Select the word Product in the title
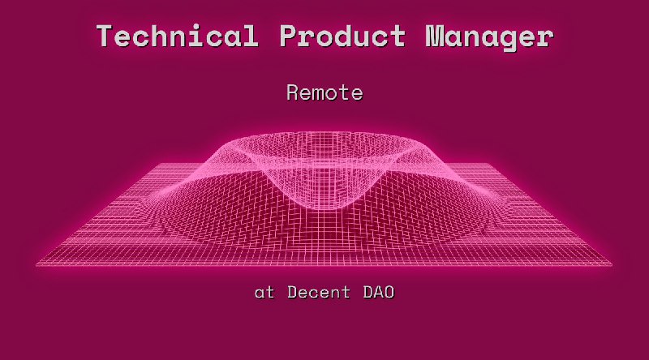pos(343,36)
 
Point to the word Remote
pos(324,93)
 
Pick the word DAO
pos(378,293)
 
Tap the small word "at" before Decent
pos(264,293)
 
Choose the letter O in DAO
pos(389,293)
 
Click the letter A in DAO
pos(378,293)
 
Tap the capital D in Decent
pos(293,293)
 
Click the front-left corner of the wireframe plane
pos(37,264)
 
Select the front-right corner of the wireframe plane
pos(612,264)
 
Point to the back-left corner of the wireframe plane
pos(154,165)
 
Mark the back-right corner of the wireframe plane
pos(492,165)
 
